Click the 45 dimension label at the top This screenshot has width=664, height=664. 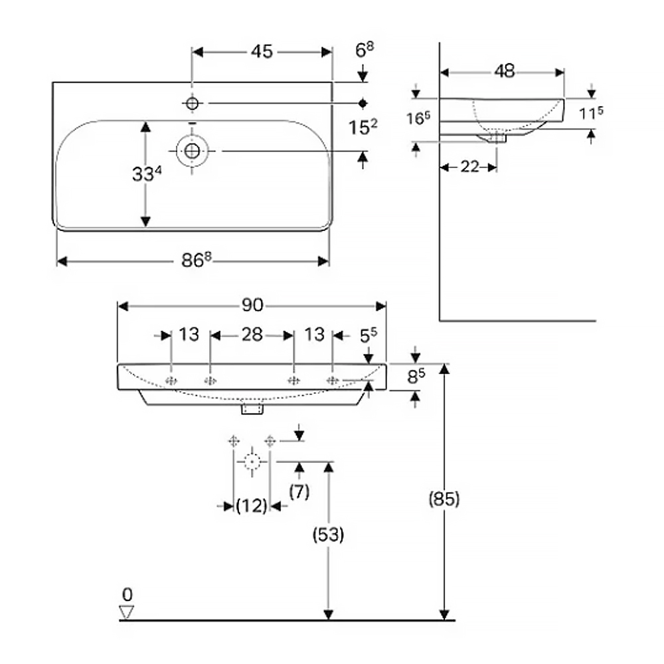(262, 52)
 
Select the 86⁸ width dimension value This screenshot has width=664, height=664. (196, 260)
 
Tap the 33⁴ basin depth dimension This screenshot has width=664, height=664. (147, 173)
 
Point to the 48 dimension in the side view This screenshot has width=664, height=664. (505, 71)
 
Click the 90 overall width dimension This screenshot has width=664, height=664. (252, 305)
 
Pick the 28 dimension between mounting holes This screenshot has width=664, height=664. (252, 335)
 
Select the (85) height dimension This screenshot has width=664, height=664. (444, 499)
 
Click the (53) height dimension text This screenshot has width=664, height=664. (328, 535)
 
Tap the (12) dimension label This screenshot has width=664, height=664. (252, 505)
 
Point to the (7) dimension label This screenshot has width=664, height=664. (299, 491)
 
